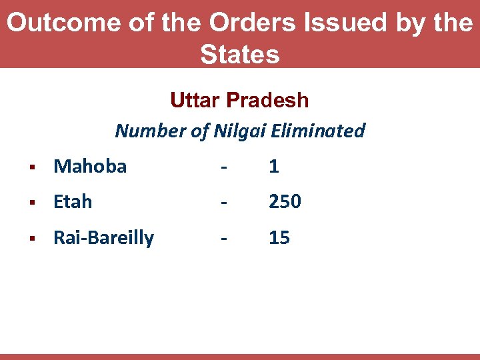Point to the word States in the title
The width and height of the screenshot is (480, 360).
(240, 54)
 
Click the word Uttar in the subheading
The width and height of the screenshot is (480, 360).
(195, 100)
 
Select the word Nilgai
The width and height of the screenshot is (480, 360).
(239, 131)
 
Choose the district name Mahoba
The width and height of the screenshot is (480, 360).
(90, 166)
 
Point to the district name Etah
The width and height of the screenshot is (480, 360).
(73, 201)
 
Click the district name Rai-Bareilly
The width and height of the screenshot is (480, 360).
(103, 238)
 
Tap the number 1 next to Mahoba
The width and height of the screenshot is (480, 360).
(274, 166)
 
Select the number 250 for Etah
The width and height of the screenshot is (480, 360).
(285, 201)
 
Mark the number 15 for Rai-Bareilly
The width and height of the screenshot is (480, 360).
(279, 238)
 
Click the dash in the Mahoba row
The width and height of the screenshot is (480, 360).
(224, 167)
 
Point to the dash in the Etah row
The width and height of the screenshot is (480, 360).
(224, 202)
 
